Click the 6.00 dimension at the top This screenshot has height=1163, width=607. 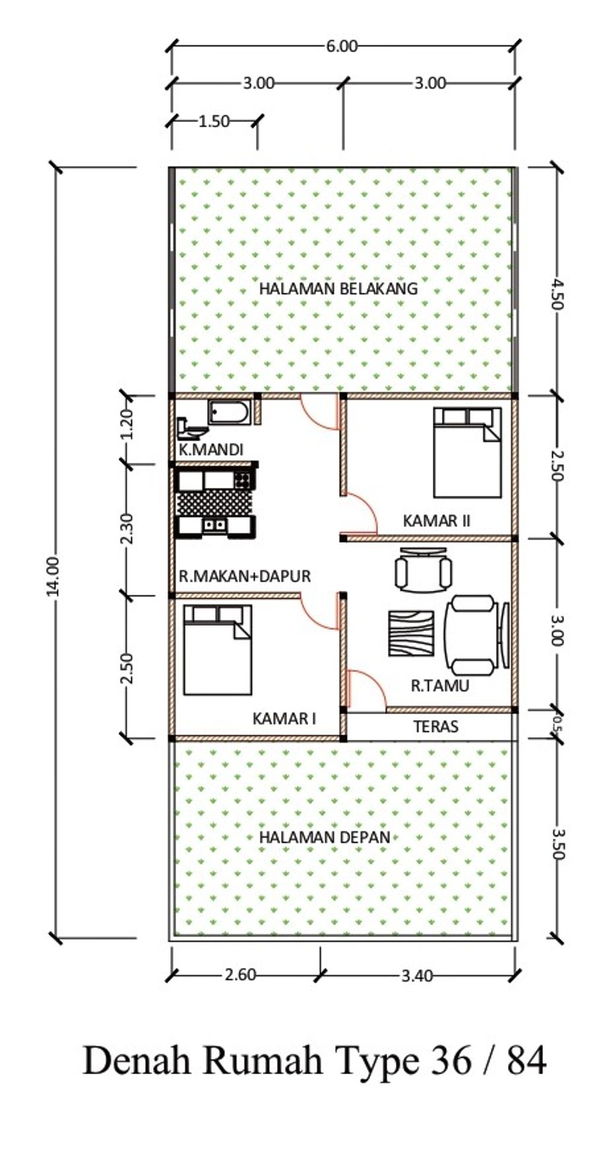[x=342, y=46]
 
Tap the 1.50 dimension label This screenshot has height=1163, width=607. [x=214, y=121]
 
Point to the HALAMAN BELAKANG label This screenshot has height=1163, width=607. [x=338, y=289]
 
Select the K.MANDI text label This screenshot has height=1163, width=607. [x=211, y=450]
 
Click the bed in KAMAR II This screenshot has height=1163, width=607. [x=467, y=452]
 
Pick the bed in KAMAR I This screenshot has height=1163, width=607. [x=218, y=649]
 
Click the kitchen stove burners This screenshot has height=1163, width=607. [x=242, y=479]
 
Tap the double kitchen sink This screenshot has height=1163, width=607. [x=215, y=524]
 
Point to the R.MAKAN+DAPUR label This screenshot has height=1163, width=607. [x=245, y=576]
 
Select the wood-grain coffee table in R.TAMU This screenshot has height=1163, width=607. [x=410, y=633]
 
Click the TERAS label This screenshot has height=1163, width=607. [x=436, y=726]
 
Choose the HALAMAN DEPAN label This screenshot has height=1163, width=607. [x=325, y=837]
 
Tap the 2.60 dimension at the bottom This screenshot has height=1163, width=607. [x=240, y=975]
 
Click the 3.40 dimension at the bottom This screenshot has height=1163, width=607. [x=417, y=975]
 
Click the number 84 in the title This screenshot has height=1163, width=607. [x=526, y=1061]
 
